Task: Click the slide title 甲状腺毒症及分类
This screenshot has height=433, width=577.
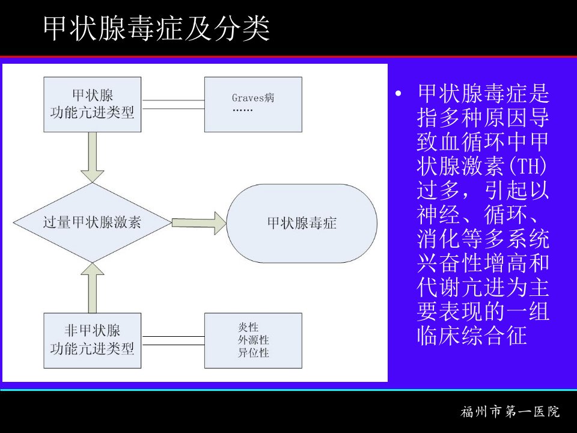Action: coord(156,28)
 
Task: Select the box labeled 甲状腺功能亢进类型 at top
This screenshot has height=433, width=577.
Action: coord(93,105)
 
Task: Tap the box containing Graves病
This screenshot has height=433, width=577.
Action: coord(253,105)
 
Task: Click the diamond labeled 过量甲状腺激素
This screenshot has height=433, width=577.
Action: coord(93,223)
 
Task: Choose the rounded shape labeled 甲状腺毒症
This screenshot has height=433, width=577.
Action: coord(302,223)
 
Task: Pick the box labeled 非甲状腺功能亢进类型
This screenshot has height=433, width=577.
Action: coord(93,340)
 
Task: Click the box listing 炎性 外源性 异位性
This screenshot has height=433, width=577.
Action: coord(253,340)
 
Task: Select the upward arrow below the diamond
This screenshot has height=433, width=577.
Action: coord(93,288)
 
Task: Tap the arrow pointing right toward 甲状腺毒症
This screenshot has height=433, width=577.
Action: coord(199,223)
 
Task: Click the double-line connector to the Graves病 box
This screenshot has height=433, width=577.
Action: coord(173,104)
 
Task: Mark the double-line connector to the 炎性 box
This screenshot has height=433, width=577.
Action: coord(173,340)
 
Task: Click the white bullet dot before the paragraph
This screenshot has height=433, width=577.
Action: coord(398,94)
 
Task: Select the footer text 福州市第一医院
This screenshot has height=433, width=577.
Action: coord(510,411)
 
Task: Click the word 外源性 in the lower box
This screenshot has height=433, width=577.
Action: coord(253,340)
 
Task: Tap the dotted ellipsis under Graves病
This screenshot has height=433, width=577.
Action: coord(242,110)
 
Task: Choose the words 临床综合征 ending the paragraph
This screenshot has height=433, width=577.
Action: coord(472,335)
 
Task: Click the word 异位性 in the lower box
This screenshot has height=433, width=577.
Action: coord(253,353)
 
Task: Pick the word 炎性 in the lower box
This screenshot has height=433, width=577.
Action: coord(248,327)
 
